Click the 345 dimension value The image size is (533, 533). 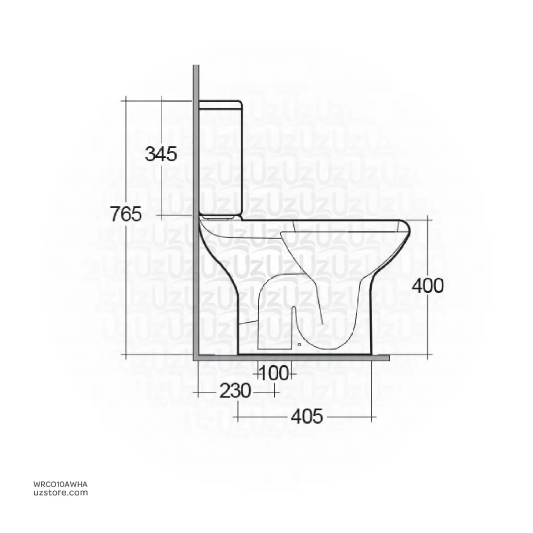pyautogui.click(x=161, y=154)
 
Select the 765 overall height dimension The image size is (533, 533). pyautogui.click(x=126, y=214)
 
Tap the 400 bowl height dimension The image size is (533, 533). pyautogui.click(x=428, y=285)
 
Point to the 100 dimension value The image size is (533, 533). pyautogui.click(x=274, y=373)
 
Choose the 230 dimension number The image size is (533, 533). pyautogui.click(x=234, y=390)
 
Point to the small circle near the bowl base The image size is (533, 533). pyautogui.click(x=299, y=344)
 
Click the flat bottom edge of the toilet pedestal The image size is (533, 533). pyautogui.click(x=305, y=354)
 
